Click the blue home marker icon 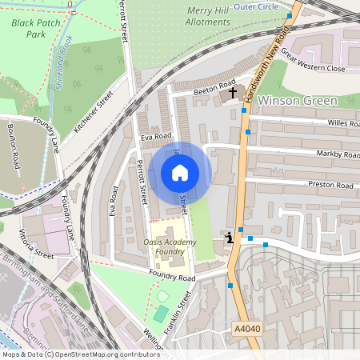[179, 172]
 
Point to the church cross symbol [234, 94]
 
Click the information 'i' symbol [230, 237]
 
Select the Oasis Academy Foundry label [169, 246]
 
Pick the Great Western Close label [313, 62]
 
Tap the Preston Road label [333, 185]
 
